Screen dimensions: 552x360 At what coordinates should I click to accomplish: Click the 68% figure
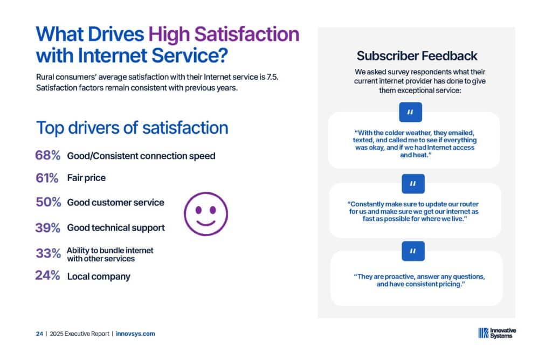coord(47,155)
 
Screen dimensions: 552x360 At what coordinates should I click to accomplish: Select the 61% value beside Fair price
coord(47,178)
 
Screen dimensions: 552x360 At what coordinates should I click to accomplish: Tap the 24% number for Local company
coord(47,275)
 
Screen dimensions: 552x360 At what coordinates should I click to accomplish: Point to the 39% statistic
coord(47,227)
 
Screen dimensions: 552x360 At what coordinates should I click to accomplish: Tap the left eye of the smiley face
coord(198,210)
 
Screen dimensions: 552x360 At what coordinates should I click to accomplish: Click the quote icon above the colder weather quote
coord(410,112)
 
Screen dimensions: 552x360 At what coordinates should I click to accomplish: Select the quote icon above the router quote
coord(413,184)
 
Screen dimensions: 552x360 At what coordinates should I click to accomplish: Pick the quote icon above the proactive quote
coord(413,251)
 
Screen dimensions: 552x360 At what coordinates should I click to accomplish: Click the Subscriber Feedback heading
coord(417,56)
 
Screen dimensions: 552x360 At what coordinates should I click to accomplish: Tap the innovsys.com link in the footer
coord(135,334)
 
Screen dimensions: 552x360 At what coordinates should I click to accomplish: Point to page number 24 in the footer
coord(39,334)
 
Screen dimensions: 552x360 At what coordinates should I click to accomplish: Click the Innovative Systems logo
coord(497,333)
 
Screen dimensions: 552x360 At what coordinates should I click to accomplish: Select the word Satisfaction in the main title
coord(246,34)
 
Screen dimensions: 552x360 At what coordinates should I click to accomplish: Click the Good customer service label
coord(115,202)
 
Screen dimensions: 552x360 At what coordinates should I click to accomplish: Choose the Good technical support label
coord(116,227)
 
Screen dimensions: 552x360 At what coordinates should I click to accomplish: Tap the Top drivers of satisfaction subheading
coord(132,128)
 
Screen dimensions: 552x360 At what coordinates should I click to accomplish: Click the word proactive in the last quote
coord(399,276)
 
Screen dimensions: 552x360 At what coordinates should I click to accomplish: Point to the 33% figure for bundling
coord(48,253)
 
